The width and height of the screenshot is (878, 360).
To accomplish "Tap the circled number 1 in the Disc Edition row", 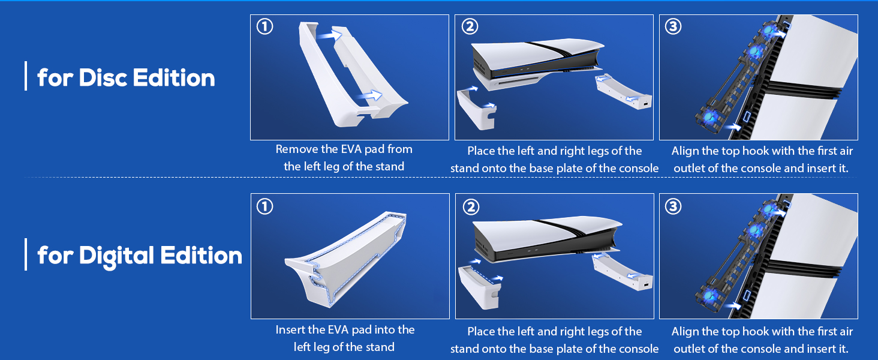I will point(264,27).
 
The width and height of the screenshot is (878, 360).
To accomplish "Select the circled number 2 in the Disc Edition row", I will point(470,27).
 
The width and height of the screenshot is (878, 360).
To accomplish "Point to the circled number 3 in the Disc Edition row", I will point(673,27).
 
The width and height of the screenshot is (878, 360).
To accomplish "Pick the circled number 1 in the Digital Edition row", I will point(264,206).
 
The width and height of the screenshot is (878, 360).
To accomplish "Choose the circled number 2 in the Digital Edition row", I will point(471,207).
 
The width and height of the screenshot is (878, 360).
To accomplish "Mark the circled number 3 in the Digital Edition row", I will point(673,206).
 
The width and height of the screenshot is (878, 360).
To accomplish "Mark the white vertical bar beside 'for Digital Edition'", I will point(26,254).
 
